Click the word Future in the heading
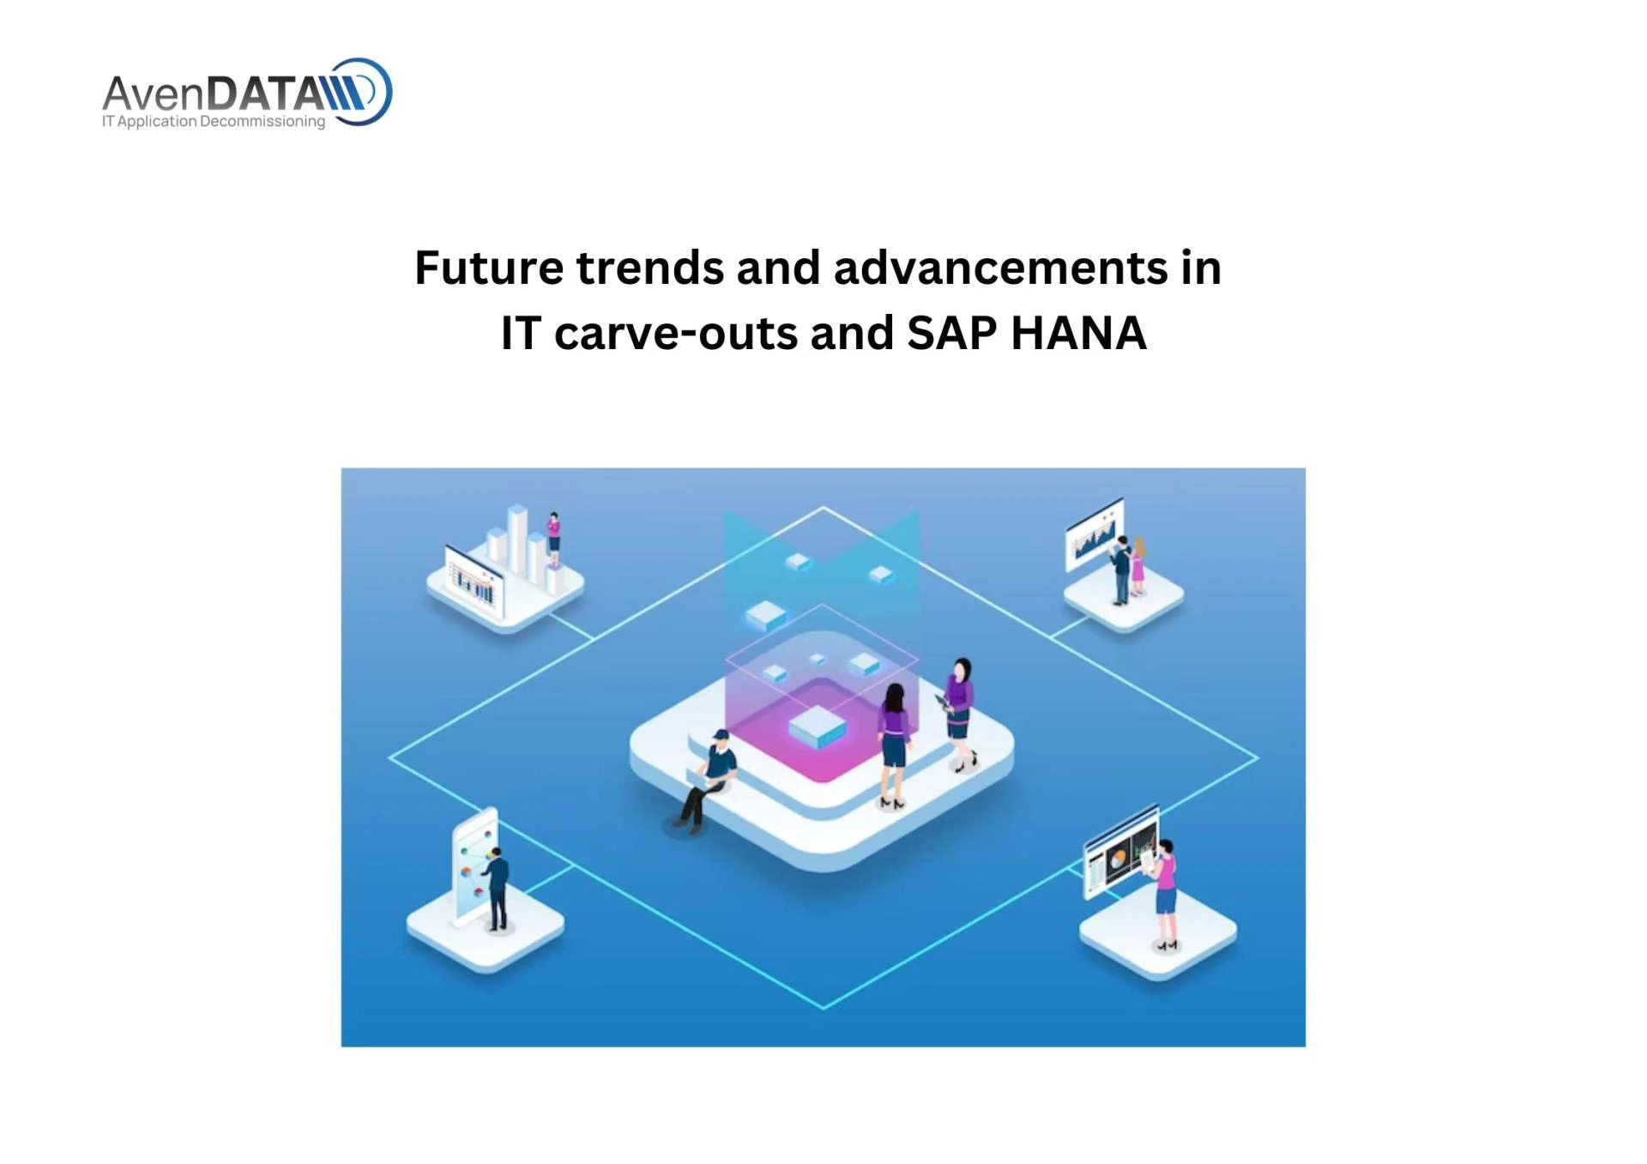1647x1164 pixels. (x=488, y=268)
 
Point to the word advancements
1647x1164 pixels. (x=999, y=268)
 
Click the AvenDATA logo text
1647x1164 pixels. (x=214, y=93)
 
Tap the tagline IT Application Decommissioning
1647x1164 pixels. (x=214, y=121)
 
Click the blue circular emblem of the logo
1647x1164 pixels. (x=364, y=92)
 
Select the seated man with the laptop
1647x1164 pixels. (x=709, y=779)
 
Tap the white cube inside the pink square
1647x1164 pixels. (x=817, y=727)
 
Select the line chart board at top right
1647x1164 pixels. (x=1094, y=533)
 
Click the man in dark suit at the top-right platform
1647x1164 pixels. (x=1121, y=569)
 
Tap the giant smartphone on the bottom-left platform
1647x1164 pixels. (x=474, y=866)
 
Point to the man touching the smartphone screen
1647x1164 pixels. (x=497, y=888)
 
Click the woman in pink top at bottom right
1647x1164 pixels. (x=1165, y=892)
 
